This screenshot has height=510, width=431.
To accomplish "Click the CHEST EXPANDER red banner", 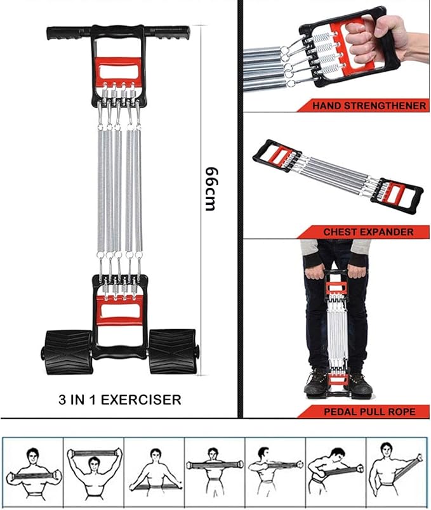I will click(x=368, y=232).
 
